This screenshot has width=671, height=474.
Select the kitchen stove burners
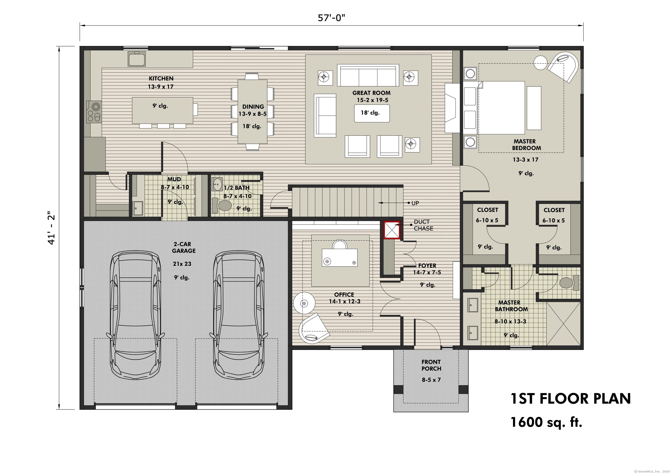[94, 112]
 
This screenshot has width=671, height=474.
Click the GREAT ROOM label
[372, 93]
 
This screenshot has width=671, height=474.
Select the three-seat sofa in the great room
[368, 75]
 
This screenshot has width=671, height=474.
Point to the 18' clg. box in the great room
[372, 113]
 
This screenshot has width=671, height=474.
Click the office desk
[340, 257]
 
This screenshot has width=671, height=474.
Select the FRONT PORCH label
[431, 365]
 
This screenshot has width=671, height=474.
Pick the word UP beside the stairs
[415, 203]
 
